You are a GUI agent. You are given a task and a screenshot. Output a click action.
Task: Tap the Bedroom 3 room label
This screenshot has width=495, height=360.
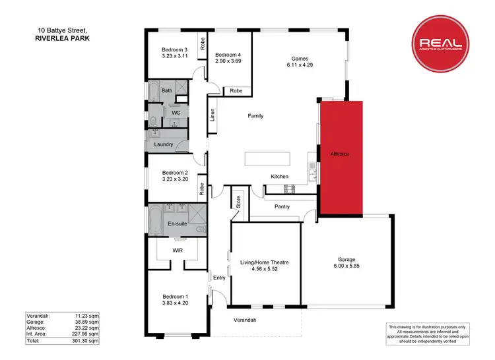coord(175,49)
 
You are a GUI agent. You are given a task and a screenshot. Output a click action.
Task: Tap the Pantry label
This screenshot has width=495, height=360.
coord(282,206)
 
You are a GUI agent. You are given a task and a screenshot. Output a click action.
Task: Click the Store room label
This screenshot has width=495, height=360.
coord(238,202)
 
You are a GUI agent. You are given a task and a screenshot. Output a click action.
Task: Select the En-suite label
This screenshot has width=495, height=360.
coord(178,225)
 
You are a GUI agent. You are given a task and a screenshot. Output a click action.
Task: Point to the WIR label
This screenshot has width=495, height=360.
coord(177,251)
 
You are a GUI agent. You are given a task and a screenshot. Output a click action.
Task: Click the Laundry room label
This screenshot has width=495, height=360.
coord(163,144)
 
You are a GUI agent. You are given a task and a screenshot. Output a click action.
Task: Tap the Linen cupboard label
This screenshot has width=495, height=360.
coord(212,116)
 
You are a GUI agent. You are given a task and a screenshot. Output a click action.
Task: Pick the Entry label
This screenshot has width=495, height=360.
coord(219,278)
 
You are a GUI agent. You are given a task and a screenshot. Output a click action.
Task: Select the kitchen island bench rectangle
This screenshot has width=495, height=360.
coord(267,160)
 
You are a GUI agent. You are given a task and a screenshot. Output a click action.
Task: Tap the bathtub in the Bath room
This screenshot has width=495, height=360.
coord(152,92)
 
